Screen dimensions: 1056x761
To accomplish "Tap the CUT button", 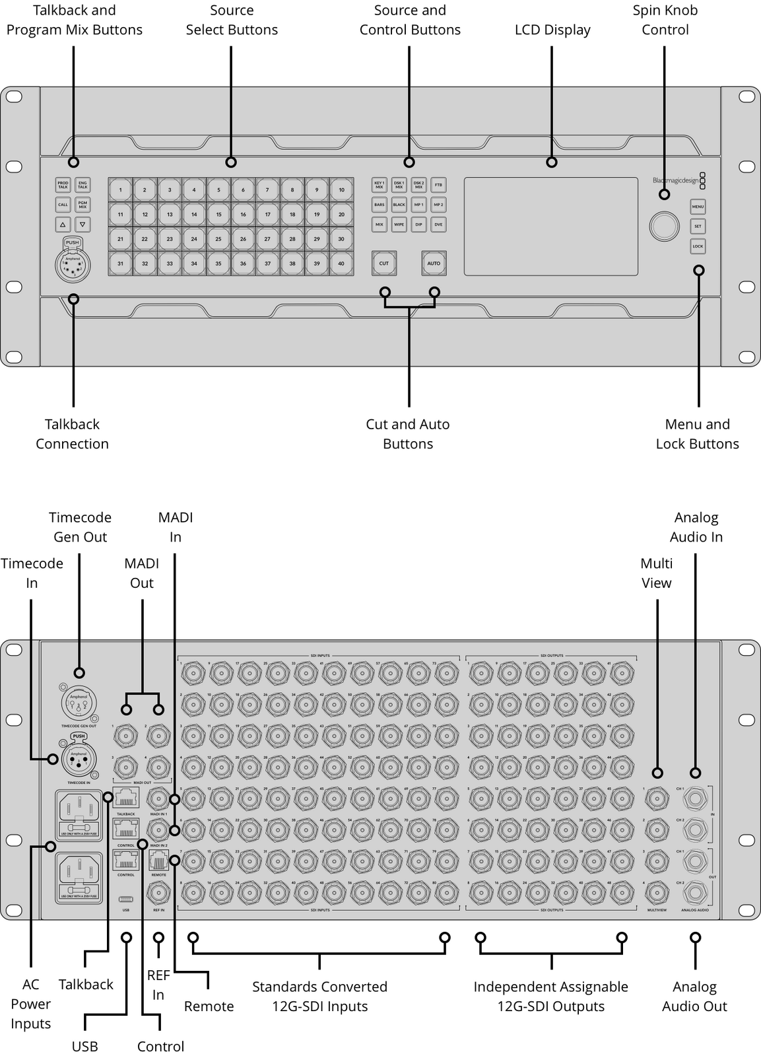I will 383,263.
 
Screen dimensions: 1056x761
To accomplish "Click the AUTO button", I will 434,263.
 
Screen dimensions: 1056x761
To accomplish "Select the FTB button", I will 438,185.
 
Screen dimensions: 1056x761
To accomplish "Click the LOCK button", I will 698,246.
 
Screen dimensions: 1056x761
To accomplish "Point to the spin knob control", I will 664,226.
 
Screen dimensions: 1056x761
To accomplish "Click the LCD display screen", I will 550,226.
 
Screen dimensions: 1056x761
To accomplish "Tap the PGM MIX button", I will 83,205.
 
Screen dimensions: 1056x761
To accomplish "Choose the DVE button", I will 438,225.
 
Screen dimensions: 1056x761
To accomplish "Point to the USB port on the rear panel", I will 126,899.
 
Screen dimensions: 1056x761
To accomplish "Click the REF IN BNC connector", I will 158,894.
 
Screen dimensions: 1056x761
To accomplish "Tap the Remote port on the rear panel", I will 158,861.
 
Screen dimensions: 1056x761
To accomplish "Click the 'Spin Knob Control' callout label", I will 665,20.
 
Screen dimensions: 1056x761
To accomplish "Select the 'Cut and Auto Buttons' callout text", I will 408,434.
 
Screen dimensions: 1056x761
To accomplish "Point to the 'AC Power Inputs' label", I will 31,1004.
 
